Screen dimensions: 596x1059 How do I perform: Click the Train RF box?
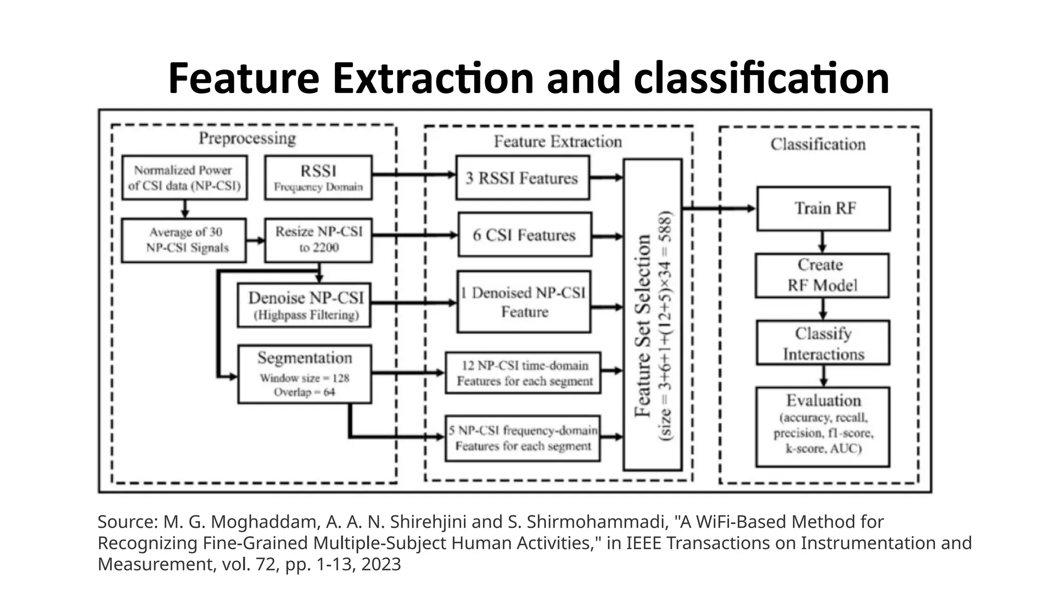coord(823,208)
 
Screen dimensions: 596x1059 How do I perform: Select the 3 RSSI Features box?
coord(522,178)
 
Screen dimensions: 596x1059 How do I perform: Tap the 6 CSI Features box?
coord(524,235)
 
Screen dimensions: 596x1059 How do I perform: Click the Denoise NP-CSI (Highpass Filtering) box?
coord(305,305)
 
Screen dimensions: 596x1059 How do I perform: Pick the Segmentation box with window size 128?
coord(305,374)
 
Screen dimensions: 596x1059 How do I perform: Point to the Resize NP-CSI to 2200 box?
coord(318,240)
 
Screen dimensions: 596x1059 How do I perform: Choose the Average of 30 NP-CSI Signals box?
coord(184,240)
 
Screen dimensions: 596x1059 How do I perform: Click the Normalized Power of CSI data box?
coord(185,177)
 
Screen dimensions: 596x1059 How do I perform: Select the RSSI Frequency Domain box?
coord(318,177)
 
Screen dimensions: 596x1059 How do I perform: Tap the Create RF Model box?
coord(822,275)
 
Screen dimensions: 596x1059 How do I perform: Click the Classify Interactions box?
coord(823,343)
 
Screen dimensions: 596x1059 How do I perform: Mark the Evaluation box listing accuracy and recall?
coord(823,427)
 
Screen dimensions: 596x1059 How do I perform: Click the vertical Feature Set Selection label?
coord(643,326)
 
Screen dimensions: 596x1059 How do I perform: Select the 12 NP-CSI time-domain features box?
coord(523,373)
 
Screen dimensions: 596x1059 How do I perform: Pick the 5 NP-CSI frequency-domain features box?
coord(523,438)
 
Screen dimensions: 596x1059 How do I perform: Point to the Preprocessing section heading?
coord(247,139)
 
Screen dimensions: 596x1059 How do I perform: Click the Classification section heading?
coord(818,144)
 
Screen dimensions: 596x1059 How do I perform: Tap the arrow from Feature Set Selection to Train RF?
coord(719,208)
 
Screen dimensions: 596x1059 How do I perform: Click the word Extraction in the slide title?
coord(433,79)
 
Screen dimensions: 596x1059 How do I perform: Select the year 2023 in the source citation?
coord(381,564)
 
